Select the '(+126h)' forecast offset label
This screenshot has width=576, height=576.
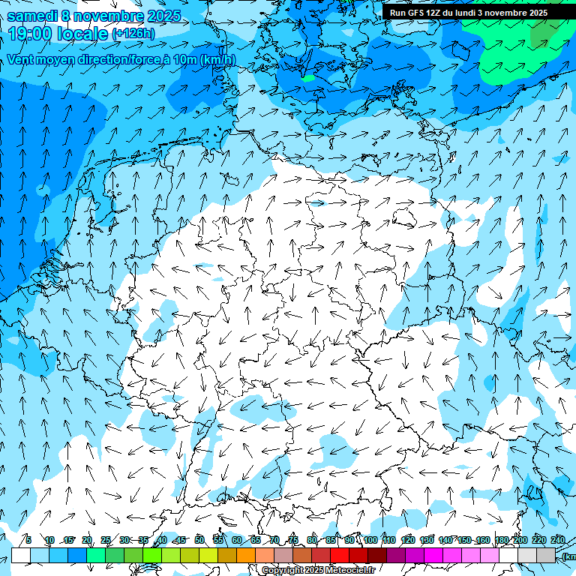click(x=133, y=34)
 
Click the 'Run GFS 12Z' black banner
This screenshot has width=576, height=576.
click(x=469, y=13)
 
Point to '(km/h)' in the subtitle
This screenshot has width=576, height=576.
click(x=217, y=60)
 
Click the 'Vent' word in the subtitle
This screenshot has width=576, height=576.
click(x=22, y=60)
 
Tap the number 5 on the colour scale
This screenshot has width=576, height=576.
click(x=28, y=540)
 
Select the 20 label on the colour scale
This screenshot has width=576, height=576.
click(x=87, y=540)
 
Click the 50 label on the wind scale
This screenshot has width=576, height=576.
click(x=199, y=540)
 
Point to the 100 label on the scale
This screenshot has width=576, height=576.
click(x=370, y=540)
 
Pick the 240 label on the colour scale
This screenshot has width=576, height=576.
click(x=558, y=540)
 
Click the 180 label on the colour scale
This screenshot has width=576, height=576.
click(x=502, y=540)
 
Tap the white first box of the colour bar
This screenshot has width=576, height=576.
click(x=21, y=555)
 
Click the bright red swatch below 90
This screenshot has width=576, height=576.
click(x=340, y=555)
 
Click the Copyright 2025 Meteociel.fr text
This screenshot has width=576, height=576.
click(x=318, y=571)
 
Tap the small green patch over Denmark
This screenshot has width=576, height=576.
click(x=307, y=77)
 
